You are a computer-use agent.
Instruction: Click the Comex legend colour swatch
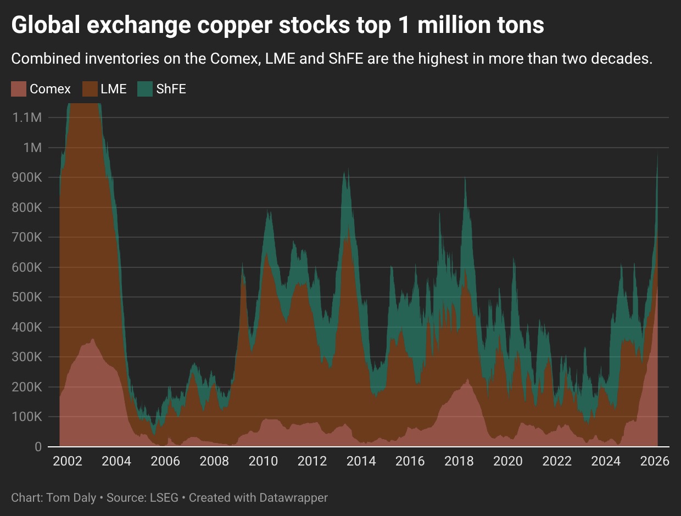click(19, 89)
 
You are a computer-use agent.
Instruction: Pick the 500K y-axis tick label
click(30, 297)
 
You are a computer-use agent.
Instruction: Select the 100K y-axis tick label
click(30, 417)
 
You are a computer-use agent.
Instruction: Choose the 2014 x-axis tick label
click(361, 461)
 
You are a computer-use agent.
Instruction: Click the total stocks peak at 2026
click(658, 154)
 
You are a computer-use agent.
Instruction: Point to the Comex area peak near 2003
click(92, 339)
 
